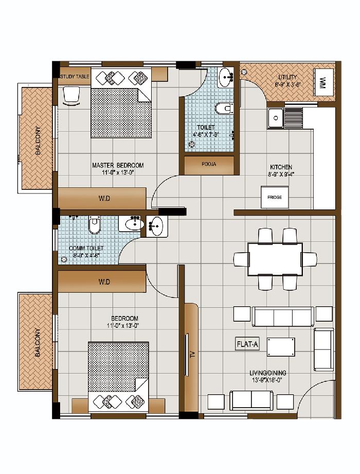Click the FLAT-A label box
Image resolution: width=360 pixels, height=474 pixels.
point(247,344)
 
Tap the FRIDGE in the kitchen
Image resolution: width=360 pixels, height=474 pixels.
point(275,197)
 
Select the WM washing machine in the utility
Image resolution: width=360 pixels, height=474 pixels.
point(323,82)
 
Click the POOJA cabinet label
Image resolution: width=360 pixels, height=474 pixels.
point(209,164)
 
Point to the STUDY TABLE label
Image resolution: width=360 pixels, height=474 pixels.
point(75,77)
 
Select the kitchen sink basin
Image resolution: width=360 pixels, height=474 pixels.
point(276,118)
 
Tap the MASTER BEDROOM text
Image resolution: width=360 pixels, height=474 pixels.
point(118,165)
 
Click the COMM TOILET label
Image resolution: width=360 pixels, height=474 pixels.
point(86,248)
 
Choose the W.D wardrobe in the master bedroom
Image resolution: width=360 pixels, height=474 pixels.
point(102,198)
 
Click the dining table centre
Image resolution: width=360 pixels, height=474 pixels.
point(275,259)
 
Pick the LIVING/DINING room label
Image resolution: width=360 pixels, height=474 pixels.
point(268,373)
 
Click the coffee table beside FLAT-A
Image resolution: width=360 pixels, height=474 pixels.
point(281,347)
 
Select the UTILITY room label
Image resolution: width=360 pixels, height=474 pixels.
point(287,77)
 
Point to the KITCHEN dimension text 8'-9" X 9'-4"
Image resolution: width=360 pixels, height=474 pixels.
point(281,174)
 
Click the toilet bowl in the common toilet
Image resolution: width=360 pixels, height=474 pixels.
point(95,225)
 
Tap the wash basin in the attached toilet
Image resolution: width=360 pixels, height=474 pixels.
point(225,77)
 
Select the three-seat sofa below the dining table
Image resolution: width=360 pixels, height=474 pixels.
point(283,317)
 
